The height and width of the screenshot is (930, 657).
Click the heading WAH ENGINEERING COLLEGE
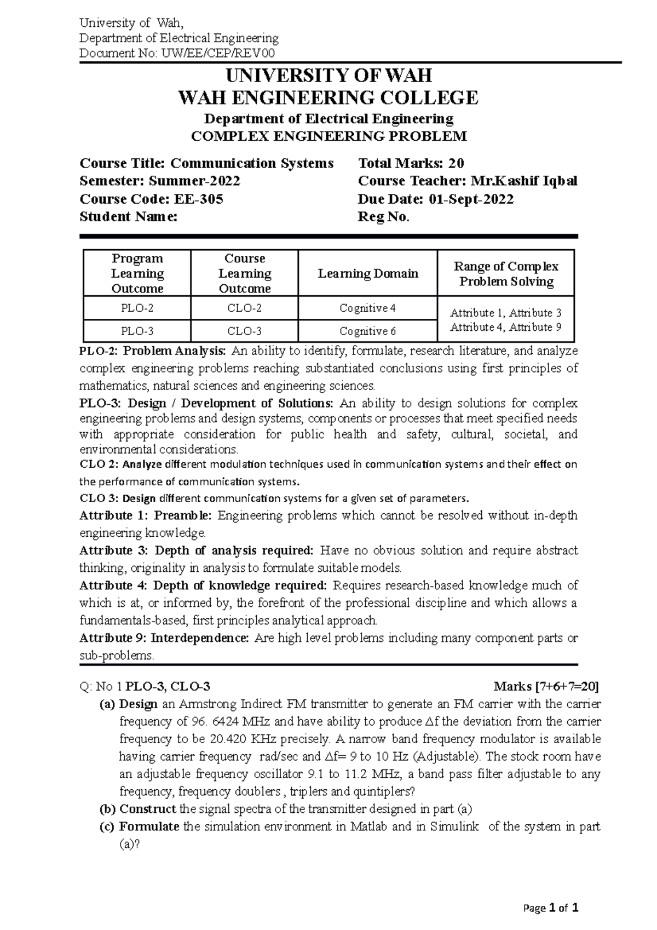[328, 98]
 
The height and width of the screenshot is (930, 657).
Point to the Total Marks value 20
[456, 163]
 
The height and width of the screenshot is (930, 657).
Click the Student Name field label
[128, 216]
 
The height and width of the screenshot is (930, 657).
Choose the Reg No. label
[383, 216]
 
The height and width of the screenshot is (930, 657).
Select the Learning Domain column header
[368, 273]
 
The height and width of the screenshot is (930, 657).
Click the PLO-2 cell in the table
[137, 308]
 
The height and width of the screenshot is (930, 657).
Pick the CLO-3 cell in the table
[244, 331]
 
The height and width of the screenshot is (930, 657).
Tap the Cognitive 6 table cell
[367, 331]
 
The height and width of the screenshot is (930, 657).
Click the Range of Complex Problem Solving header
[506, 274]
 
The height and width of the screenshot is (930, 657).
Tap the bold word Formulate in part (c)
[149, 826]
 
